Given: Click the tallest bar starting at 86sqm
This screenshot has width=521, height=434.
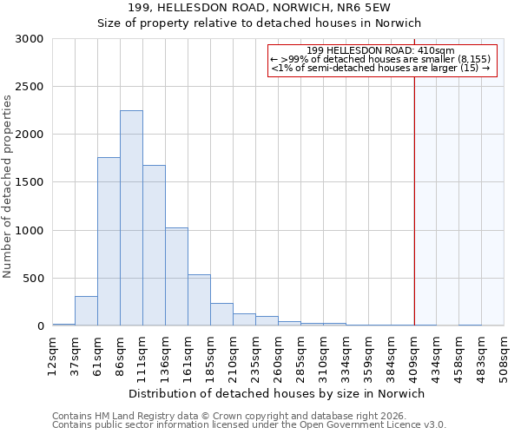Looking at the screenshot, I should point(131,218).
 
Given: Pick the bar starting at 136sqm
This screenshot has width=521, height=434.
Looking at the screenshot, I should point(176,277).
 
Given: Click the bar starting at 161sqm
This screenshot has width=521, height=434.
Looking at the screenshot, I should point(199,300).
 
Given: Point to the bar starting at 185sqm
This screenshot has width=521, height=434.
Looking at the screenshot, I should point(221,314).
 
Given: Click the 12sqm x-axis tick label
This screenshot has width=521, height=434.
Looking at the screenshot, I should point(53,356).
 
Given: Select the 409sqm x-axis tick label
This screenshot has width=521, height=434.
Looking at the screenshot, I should point(414,356).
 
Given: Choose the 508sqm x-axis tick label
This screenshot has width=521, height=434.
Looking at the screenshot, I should point(505,356).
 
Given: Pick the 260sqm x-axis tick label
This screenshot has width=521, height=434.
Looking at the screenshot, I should point(279,356).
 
